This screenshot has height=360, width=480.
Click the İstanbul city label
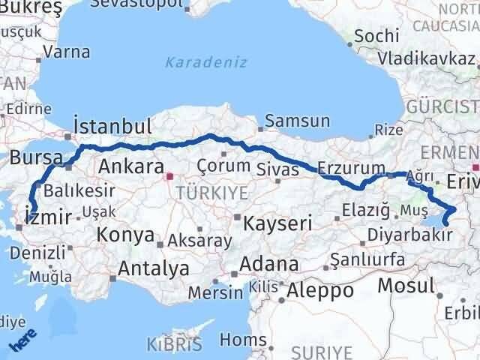pyautogui.click(x=112, y=125)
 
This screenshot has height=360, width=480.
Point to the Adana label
pyautogui.click(x=270, y=264)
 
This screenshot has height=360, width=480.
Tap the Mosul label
pyautogui.click(x=406, y=285)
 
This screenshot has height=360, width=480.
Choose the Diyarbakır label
pyautogui.click(x=409, y=235)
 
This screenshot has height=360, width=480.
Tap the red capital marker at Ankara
pyautogui.click(x=169, y=178)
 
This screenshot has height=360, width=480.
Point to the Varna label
pyautogui.click(x=67, y=52)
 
